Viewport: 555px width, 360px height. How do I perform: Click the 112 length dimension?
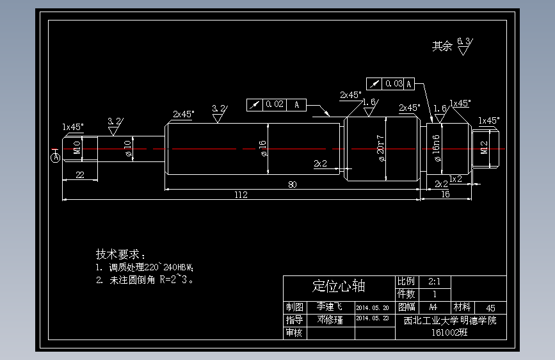coord(241,195)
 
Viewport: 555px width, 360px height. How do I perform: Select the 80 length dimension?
coord(293,184)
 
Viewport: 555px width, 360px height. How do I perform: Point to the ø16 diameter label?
coord(262,149)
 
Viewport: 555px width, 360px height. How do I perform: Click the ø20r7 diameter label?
coord(380,149)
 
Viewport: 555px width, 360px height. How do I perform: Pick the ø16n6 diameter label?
coord(437,149)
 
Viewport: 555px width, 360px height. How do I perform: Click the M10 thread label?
coord(77,147)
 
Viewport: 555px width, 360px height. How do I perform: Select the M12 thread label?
coord(484,147)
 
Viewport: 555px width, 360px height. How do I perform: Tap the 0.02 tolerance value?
coord(275,104)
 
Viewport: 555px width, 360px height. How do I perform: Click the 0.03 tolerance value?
coord(394,83)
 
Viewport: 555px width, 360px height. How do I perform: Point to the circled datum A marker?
coord(56,156)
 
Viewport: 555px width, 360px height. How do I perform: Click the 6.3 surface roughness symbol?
coord(465,46)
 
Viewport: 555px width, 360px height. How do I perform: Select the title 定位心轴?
coord(339,286)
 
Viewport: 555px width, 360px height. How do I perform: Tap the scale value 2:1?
coord(434,281)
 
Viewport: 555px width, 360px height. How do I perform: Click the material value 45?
coord(491,308)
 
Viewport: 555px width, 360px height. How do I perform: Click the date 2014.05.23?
coord(372,318)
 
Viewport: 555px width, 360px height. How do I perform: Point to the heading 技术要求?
coord(121,254)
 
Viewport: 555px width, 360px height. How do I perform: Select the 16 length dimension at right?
coord(446,193)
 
